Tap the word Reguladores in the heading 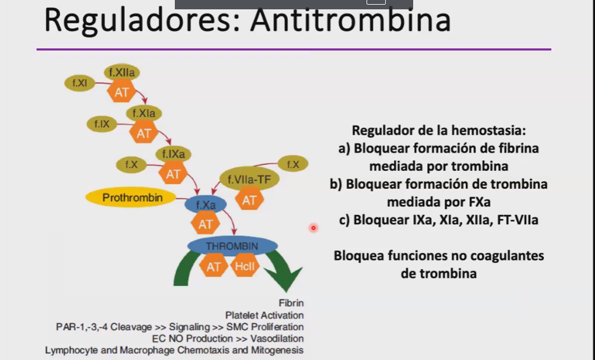click(143, 20)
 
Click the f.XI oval click(80, 83)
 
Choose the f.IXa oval click(174, 154)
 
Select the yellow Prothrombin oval click(132, 198)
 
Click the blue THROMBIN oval click(231, 246)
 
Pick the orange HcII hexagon click(242, 267)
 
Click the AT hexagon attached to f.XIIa click(122, 92)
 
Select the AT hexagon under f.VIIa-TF click(249, 200)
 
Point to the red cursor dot click(314, 228)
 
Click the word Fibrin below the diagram click(291, 303)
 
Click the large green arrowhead click(283, 278)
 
